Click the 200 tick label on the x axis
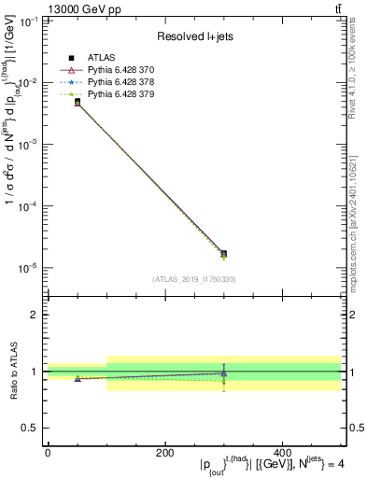(164, 454)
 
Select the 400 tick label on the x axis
(282, 454)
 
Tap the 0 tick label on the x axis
(48, 454)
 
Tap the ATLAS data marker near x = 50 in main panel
(78, 101)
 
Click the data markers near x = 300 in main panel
(223, 254)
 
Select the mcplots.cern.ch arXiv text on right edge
(353, 214)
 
